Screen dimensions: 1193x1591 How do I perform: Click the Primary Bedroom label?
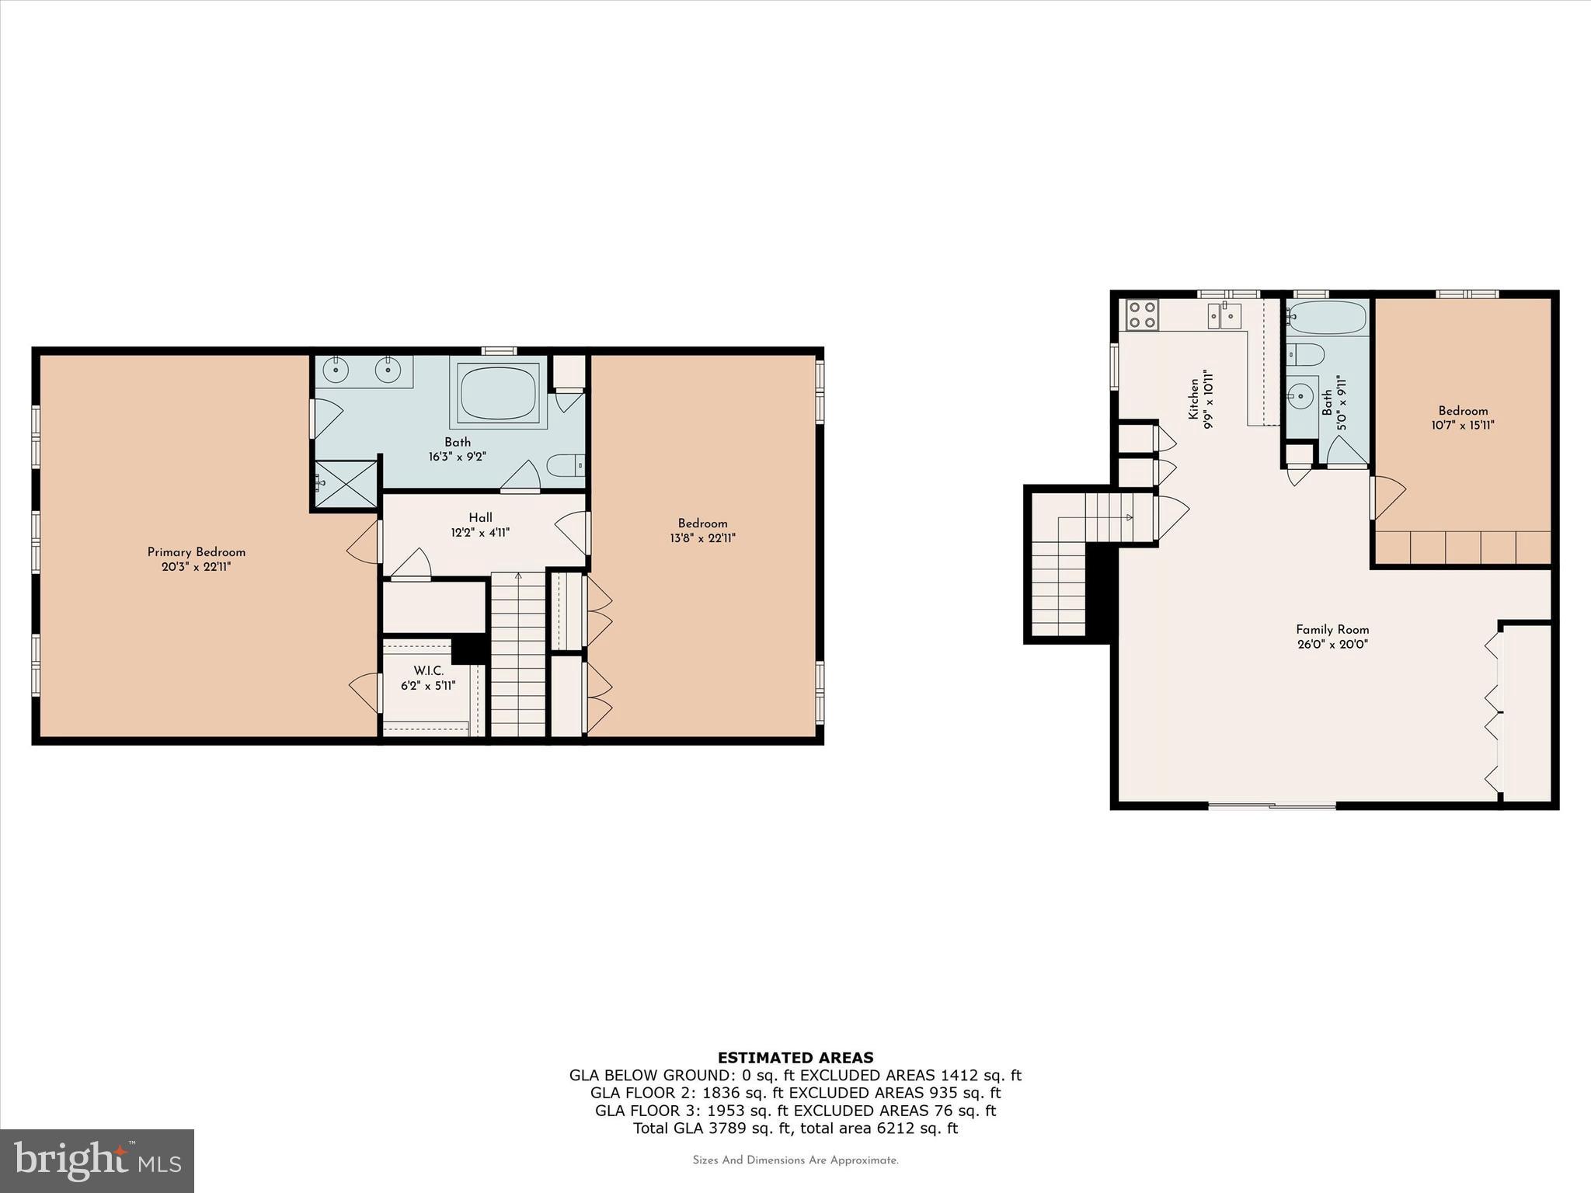pos(196,552)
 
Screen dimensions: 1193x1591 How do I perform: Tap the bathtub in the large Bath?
pos(498,393)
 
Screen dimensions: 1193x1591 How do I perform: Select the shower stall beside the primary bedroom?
pos(345,485)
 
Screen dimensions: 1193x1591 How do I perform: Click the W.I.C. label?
pos(428,671)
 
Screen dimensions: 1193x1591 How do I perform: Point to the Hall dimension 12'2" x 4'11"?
pos(480,533)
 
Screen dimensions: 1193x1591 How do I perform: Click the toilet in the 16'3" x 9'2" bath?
pos(565,466)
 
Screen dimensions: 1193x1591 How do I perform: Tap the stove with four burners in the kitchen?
pos(1143,315)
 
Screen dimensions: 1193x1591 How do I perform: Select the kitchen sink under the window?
pos(1224,315)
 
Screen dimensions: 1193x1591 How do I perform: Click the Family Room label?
pos(1332,630)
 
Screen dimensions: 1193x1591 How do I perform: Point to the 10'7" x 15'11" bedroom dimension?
pos(1463,426)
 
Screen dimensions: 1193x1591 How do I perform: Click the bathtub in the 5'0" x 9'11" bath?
pos(1327,318)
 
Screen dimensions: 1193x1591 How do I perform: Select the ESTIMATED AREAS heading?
pos(795,1058)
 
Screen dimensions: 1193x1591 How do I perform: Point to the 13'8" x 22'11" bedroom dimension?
pos(702,538)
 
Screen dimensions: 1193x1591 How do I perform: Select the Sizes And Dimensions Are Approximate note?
pos(795,1160)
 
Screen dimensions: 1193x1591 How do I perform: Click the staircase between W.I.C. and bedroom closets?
pos(518,656)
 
